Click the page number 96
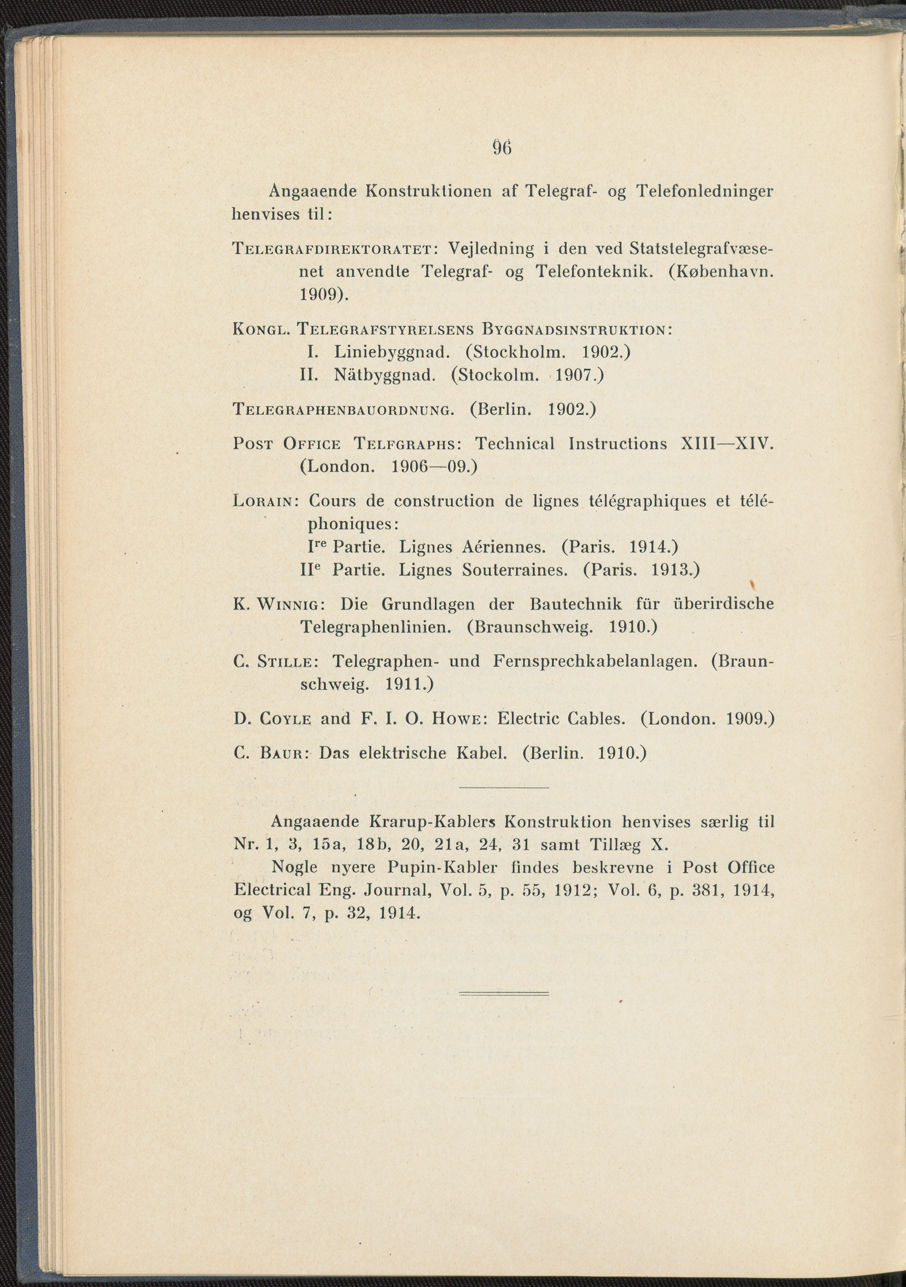[503, 148]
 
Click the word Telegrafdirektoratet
[331, 248]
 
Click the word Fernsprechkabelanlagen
[595, 662]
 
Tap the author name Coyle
[286, 719]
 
